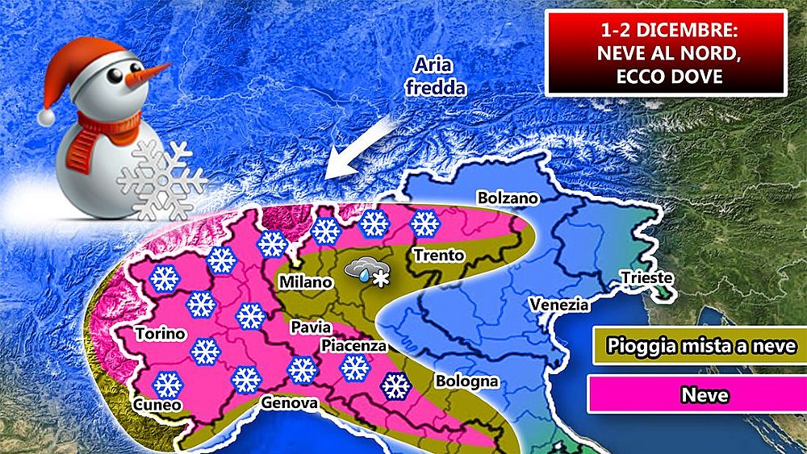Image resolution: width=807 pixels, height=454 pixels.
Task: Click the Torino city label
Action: tap(161, 333)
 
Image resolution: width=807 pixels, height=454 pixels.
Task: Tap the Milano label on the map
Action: tap(305, 282)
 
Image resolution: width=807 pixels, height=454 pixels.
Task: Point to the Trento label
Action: tap(439, 256)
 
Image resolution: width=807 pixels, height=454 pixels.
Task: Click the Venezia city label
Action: tap(559, 305)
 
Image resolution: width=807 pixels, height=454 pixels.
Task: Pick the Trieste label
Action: tap(646, 278)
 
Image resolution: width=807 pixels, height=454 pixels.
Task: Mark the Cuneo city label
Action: tap(158, 405)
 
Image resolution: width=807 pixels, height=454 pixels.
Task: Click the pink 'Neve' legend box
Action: tap(693, 395)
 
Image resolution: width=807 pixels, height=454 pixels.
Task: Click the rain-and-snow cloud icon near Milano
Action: tap(366, 270)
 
